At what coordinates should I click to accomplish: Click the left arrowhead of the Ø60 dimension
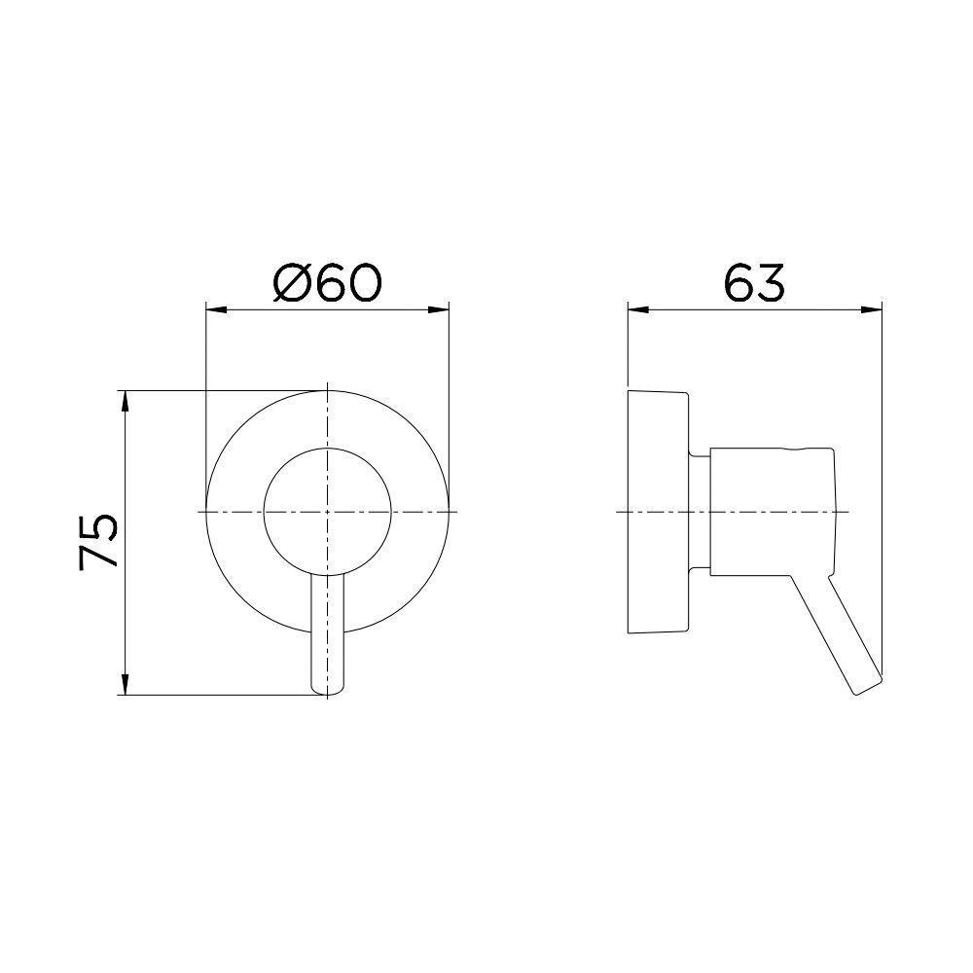211,310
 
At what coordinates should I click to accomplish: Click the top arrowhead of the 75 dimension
125,398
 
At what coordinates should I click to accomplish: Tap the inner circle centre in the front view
328,512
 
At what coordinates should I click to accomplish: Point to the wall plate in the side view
659,512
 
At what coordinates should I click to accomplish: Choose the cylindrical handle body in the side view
773,512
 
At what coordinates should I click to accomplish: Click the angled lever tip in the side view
866,681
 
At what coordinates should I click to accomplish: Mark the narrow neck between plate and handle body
701,512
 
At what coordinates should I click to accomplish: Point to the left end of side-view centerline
621,512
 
